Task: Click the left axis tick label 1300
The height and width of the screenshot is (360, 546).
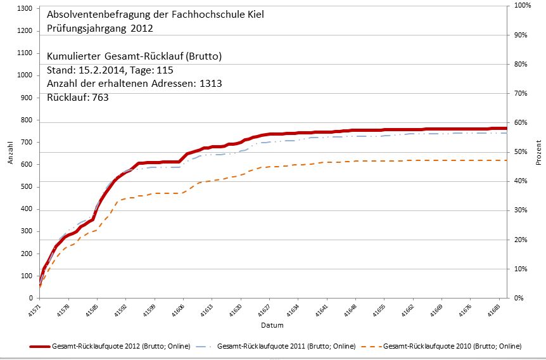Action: pos(23,8)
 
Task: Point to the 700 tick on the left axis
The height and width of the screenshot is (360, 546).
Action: pos(26,142)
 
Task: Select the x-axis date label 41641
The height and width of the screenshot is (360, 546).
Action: pos(324,311)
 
